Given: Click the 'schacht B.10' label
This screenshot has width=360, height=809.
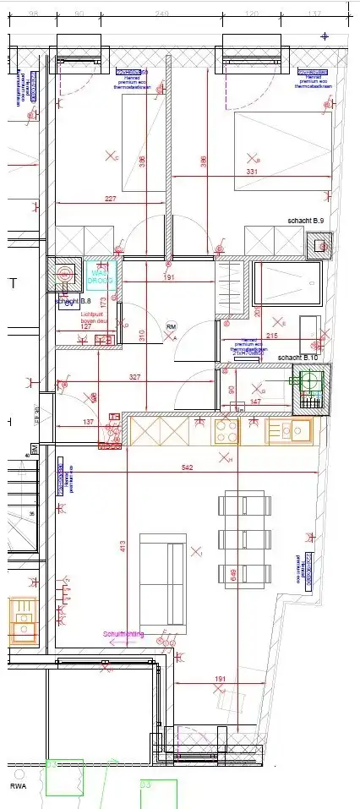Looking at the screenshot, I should click(297, 358).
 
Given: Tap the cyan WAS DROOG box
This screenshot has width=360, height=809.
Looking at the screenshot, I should click(101, 276).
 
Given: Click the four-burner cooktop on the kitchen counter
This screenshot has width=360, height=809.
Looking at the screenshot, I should click(225, 431).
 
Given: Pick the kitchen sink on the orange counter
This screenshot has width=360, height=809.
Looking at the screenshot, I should click(291, 431).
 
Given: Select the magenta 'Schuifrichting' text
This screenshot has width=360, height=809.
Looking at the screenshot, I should click(123, 633).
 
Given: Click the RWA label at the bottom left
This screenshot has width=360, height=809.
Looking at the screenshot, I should click(19, 786).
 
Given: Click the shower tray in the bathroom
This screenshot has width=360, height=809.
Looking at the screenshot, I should click(288, 283).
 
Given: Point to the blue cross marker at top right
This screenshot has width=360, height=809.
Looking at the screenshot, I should click(325, 36).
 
